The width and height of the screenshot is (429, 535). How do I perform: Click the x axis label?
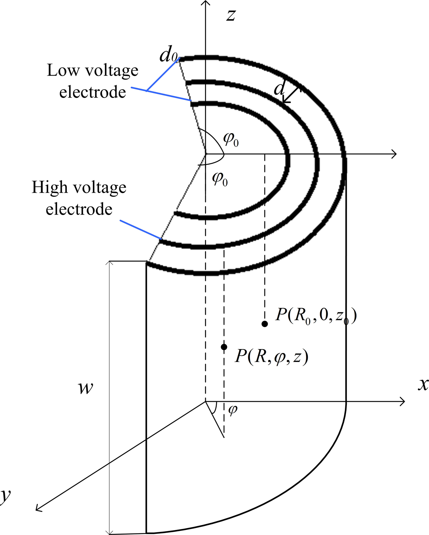click(x=423, y=385)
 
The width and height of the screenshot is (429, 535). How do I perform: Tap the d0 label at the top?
click(x=168, y=56)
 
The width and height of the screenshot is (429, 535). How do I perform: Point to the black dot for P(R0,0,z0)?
click(x=264, y=324)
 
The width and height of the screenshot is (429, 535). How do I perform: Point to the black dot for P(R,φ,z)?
click(x=224, y=347)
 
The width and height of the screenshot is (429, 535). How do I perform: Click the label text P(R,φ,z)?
click(x=271, y=357)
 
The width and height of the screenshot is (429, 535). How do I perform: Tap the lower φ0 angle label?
click(x=220, y=179)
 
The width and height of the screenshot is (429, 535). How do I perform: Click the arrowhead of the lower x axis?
click(x=402, y=401)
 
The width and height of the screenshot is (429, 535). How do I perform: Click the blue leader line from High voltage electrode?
click(x=140, y=229)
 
